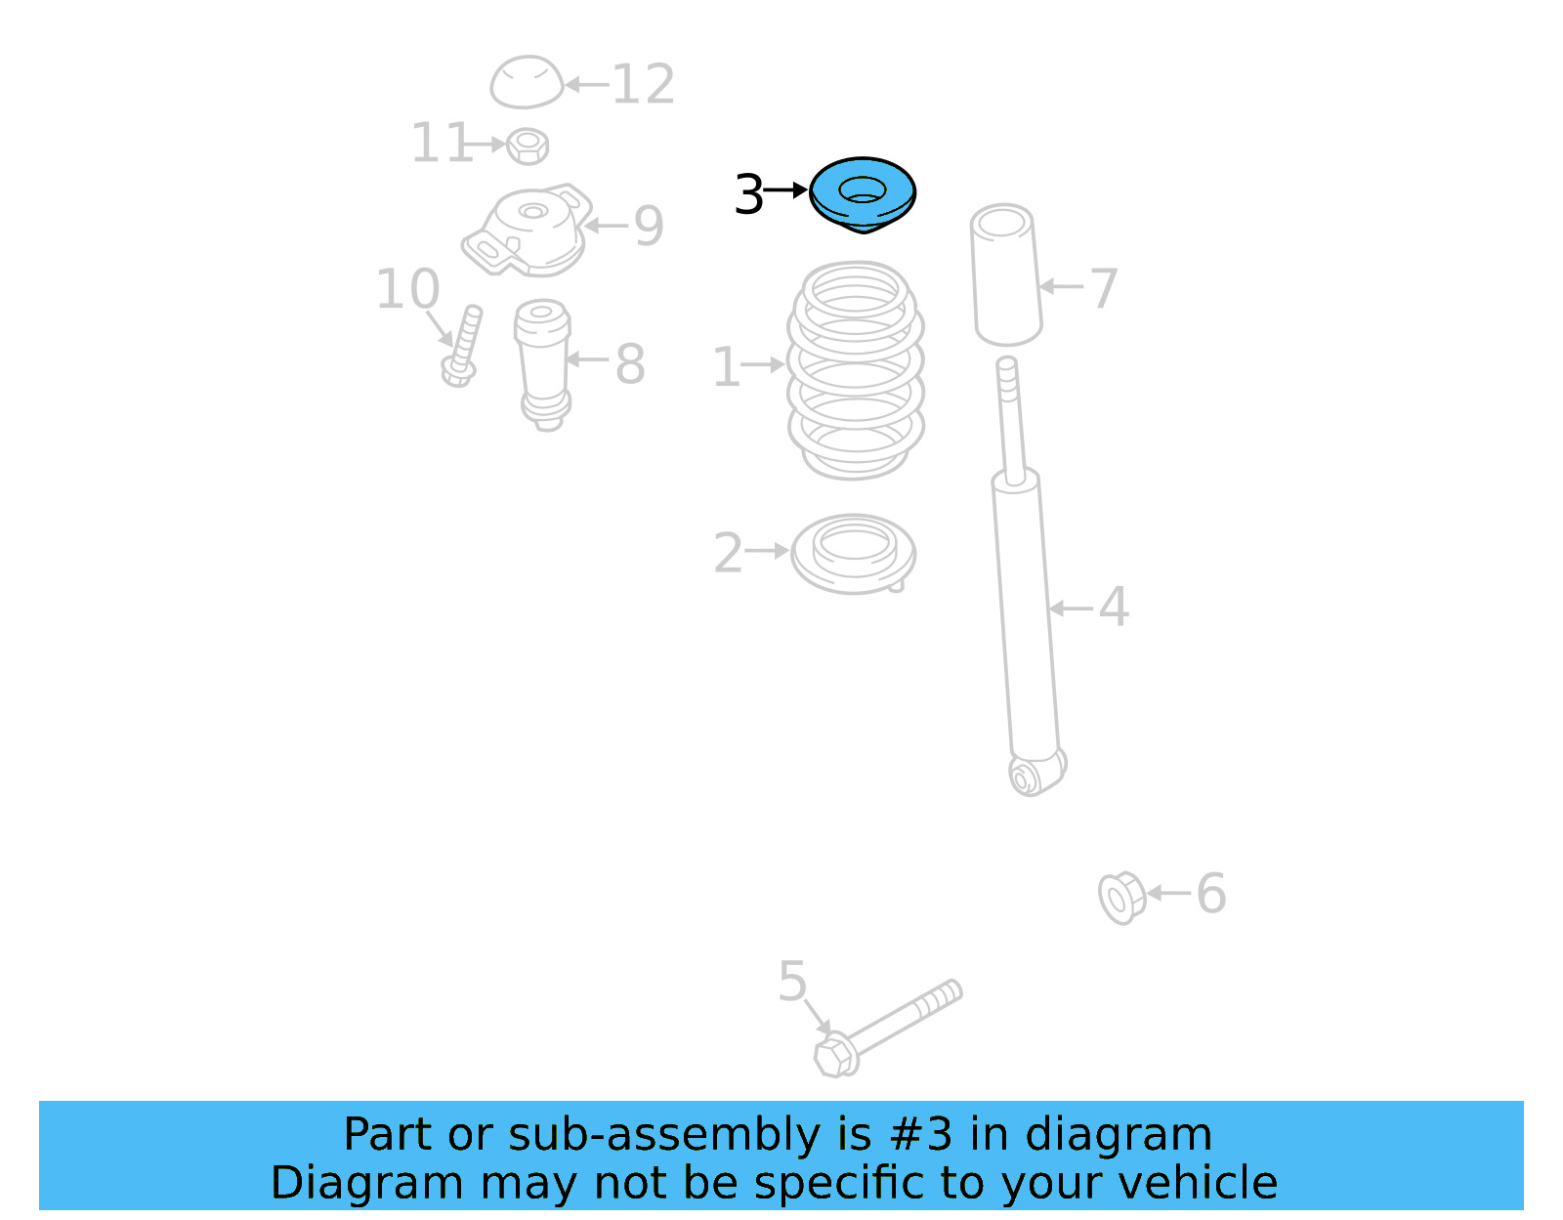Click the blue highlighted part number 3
(863, 194)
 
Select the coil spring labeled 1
(856, 370)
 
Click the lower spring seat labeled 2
(854, 554)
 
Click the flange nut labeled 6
(1121, 897)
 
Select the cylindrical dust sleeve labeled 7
(1005, 274)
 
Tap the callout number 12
(643, 85)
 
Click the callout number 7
(1104, 288)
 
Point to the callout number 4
(1114, 608)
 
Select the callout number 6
(1211, 894)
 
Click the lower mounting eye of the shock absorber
(1026, 778)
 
